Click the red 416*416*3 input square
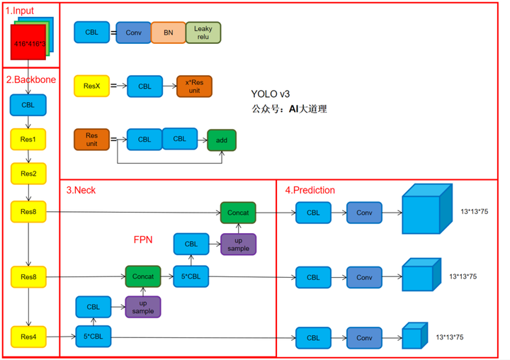point(28,44)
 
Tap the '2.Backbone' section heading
point(30,79)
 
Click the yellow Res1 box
point(28,139)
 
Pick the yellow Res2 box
point(28,173)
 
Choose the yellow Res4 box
point(28,337)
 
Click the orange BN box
point(167,33)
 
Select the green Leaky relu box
point(203,33)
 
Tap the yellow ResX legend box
point(92,86)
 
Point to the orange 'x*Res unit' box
point(194,86)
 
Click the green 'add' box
point(222,140)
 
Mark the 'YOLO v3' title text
point(271,94)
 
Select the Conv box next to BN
point(134,33)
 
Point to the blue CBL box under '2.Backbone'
point(28,105)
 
